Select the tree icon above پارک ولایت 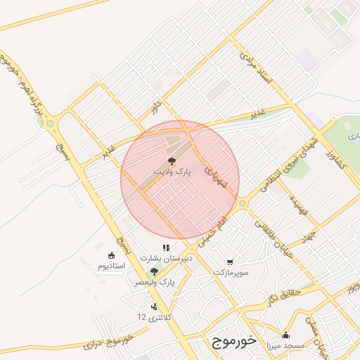point(172,161)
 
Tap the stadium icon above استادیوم point(110,255)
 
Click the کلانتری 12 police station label point(153,317)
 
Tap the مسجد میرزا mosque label point(285,346)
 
